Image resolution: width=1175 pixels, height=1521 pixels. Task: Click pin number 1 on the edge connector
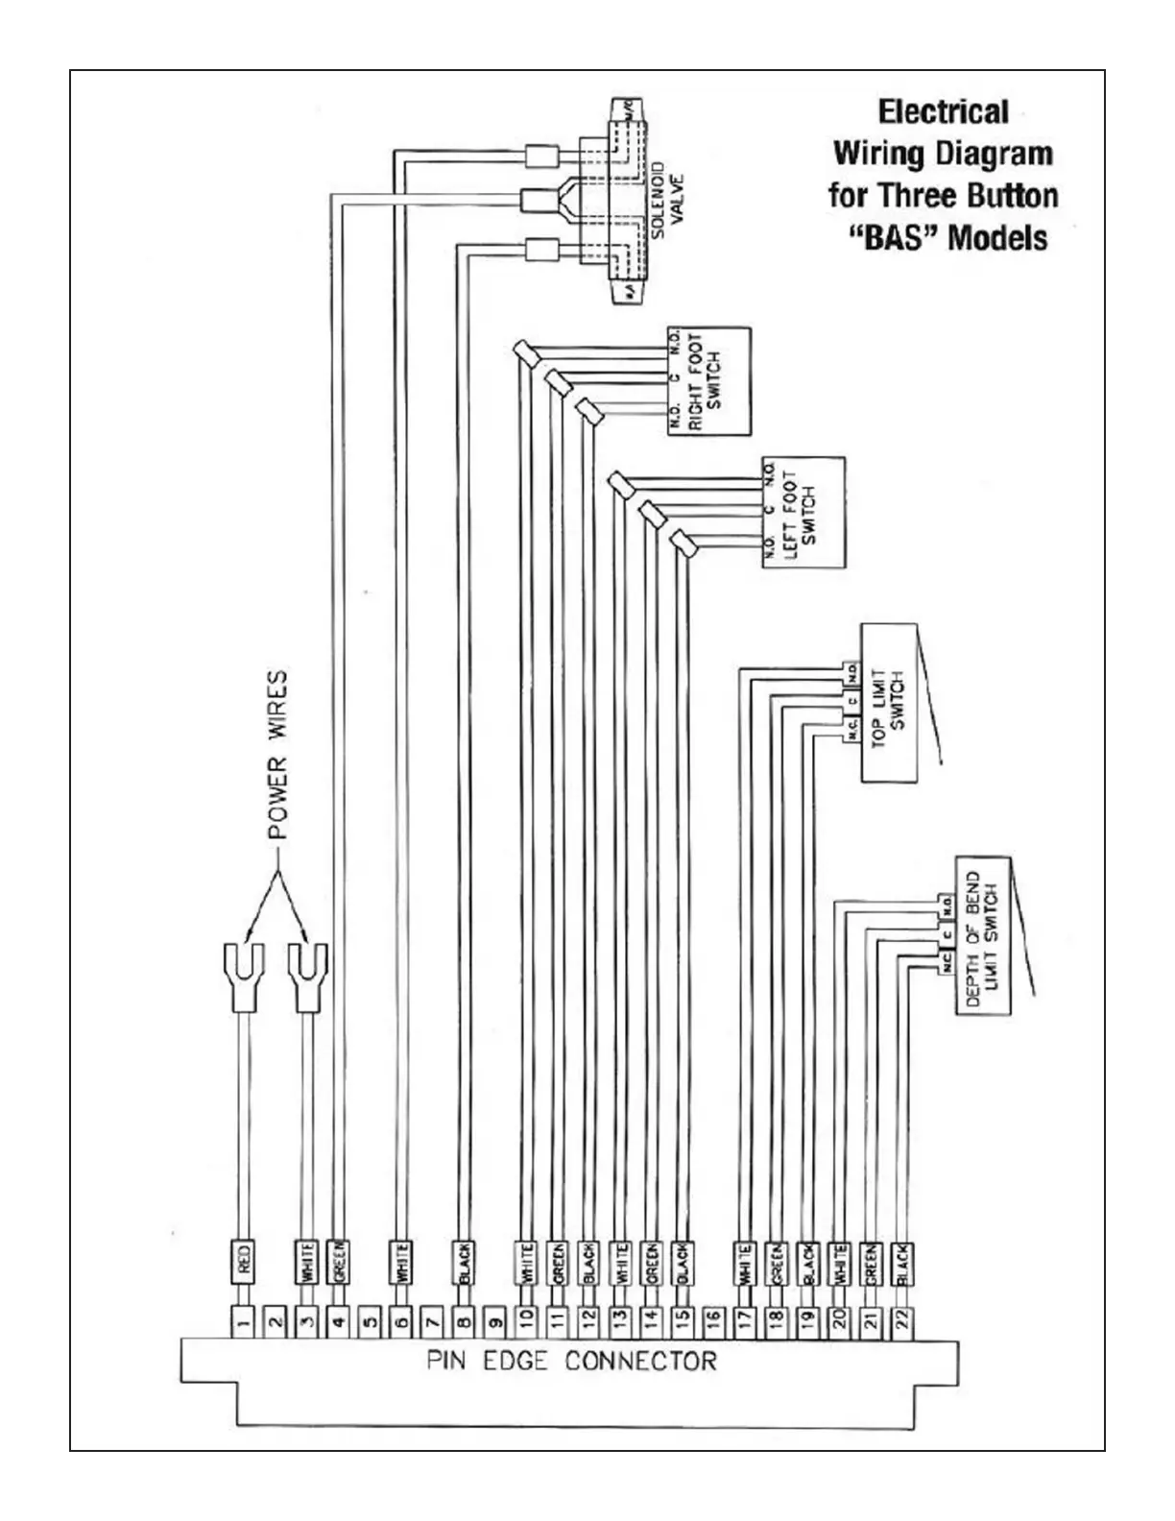244,1322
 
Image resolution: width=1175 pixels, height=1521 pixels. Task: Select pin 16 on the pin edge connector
712,1322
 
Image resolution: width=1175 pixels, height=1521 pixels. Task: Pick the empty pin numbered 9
494,1322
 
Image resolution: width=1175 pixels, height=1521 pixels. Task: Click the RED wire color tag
244,1261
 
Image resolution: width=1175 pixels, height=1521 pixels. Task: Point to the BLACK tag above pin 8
464,1261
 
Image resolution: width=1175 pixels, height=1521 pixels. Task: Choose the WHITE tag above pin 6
401,1261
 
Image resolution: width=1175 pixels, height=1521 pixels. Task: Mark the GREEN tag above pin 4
338,1261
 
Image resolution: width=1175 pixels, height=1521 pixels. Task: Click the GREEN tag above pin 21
870,1261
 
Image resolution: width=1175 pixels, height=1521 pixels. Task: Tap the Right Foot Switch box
709,381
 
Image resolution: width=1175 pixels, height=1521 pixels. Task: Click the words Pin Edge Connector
571,1362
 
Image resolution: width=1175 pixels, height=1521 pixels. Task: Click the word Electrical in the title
943,112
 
